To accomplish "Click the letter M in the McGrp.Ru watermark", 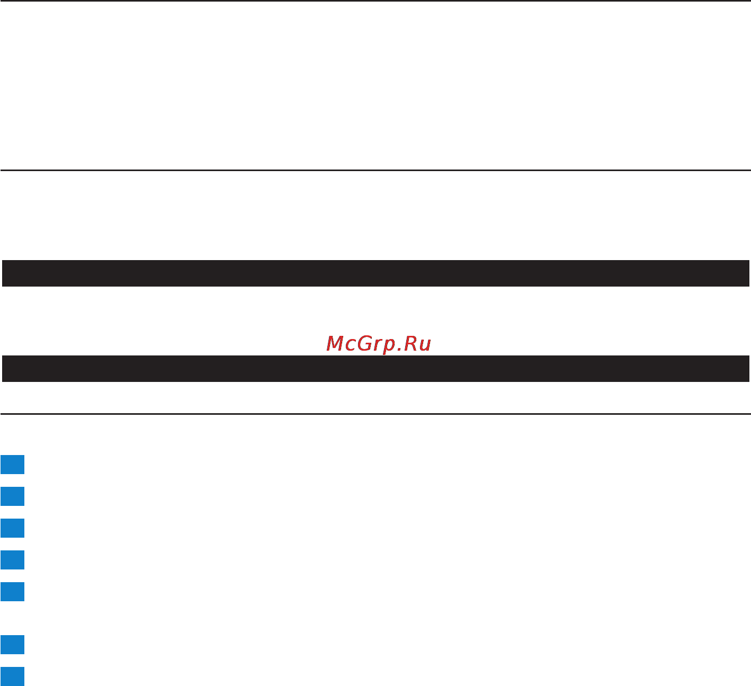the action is (x=335, y=344).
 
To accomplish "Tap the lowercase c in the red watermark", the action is (x=350, y=346).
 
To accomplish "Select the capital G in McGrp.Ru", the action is (x=365, y=344).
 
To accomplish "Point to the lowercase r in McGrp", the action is (x=378, y=346).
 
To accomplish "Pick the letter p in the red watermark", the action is (x=389, y=347).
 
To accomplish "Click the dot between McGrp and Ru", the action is (x=399, y=350).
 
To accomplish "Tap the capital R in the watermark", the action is (x=410, y=344).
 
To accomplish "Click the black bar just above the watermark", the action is (x=375, y=273).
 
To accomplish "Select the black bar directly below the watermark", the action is (x=375, y=369).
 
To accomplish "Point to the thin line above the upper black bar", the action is (x=375, y=171).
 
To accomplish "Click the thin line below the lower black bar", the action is (x=375, y=414).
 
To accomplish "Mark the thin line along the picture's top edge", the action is (x=375, y=1).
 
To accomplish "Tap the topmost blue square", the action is (x=12, y=465).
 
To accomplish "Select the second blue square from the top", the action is (x=12, y=496).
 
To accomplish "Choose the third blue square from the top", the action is (x=12, y=528).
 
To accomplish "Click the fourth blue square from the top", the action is (x=12, y=560).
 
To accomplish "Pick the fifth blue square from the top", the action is (x=12, y=592).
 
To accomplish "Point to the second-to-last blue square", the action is (x=12, y=645).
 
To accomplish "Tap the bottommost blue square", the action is (x=12, y=676).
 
